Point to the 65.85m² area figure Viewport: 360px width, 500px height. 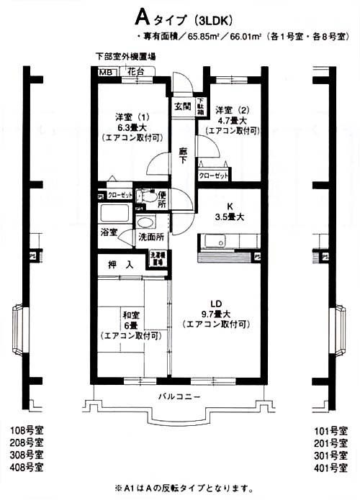coord(207,35)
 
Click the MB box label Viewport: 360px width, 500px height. coord(106,72)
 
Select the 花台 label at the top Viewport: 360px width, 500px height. coord(135,71)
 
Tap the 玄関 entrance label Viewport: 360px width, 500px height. coord(182,106)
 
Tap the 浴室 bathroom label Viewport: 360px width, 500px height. coord(109,232)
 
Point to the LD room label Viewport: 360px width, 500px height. coord(217,303)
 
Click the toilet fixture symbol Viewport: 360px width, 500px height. coord(148,196)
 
